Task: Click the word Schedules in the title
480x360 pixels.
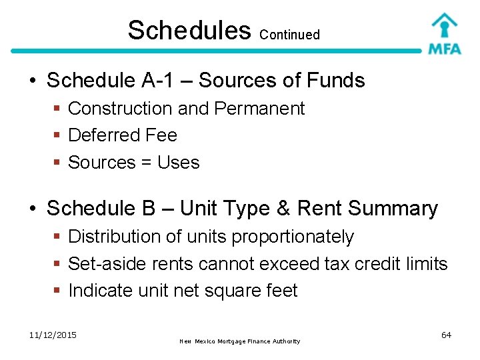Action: click(189, 30)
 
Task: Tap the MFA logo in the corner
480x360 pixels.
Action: click(444, 33)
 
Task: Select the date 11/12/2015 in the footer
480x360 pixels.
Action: click(53, 335)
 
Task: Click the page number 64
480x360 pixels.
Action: click(446, 335)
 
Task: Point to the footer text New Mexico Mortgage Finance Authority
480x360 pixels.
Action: click(240, 341)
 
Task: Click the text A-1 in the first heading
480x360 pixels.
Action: click(164, 81)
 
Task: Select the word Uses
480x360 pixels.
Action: click(178, 163)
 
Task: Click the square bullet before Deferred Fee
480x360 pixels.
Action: click(58, 135)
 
